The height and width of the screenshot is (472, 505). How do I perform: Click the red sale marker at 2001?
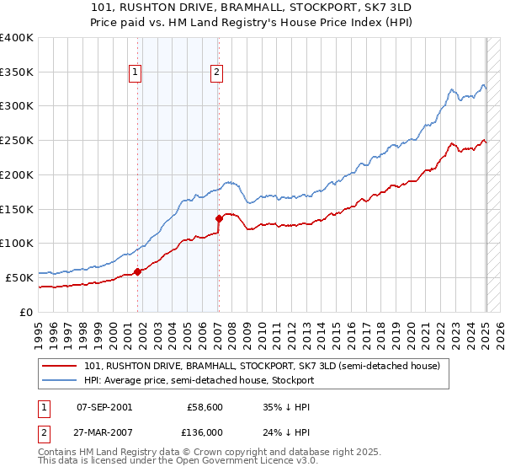click(x=138, y=271)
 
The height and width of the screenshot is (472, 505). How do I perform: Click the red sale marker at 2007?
click(x=219, y=218)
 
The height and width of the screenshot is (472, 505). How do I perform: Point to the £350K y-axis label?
click(x=17, y=72)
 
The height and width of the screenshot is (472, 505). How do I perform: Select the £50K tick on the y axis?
click(x=20, y=277)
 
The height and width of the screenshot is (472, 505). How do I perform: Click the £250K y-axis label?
click(x=17, y=141)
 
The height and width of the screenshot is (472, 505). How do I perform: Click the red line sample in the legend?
click(x=61, y=367)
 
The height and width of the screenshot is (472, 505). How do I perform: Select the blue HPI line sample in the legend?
click(x=61, y=380)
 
